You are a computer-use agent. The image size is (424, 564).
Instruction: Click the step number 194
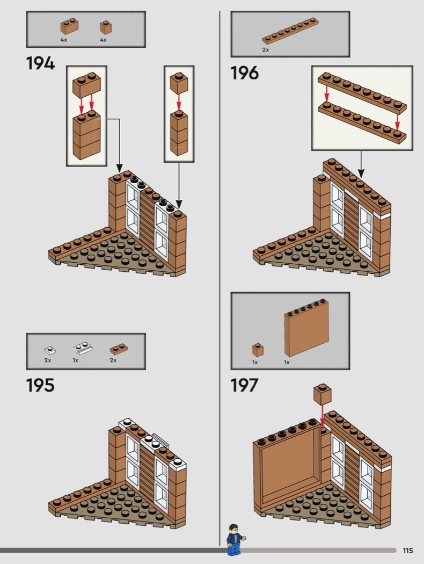tap(40, 64)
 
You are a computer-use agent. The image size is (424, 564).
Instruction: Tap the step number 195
tap(40, 385)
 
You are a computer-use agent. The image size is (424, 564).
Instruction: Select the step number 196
tap(244, 73)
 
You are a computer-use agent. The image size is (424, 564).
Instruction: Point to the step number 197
tap(244, 385)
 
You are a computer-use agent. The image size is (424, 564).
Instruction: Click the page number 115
tap(408, 551)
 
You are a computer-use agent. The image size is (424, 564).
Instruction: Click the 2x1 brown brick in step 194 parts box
tap(69, 26)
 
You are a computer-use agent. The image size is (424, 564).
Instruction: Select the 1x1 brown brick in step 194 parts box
tap(106, 27)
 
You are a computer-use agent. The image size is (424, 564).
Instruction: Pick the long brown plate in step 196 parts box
tap(290, 31)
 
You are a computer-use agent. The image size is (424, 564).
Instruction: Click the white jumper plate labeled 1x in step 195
tap(83, 348)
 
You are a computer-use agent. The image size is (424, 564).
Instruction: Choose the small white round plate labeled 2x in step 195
tap(50, 350)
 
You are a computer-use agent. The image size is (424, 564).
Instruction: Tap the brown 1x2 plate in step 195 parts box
tap(119, 349)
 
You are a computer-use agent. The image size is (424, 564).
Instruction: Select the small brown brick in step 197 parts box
tap(258, 350)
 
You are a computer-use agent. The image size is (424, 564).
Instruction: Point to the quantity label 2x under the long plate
tap(265, 50)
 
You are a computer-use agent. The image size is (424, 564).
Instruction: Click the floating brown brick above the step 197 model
tap(322, 394)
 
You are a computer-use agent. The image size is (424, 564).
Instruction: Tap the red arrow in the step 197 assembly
tap(322, 416)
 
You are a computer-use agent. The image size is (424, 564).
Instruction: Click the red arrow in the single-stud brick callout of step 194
tap(179, 102)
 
